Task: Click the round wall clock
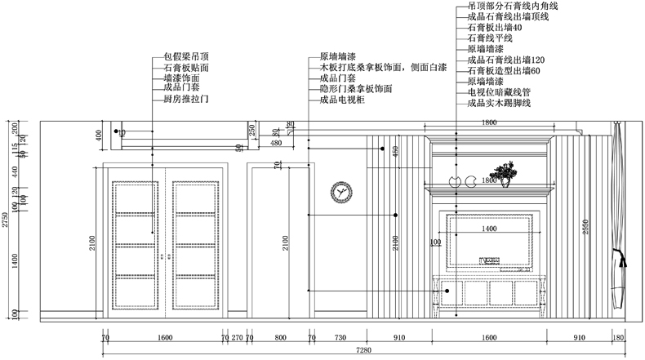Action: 341,193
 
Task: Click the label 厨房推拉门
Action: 187,99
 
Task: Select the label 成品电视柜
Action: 342,99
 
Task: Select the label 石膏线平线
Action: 490,38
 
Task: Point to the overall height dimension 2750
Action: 6,219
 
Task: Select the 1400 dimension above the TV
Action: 489,230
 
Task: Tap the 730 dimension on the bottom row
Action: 340,336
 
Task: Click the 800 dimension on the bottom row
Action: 280,336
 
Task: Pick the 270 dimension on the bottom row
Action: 237,336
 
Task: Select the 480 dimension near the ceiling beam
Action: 276,143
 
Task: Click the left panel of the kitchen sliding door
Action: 136,242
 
